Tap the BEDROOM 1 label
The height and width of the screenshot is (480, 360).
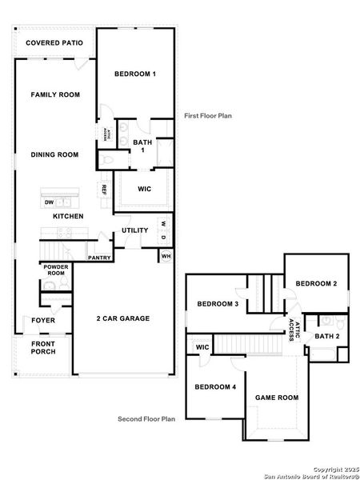click(x=134, y=74)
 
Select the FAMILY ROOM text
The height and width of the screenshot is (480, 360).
click(x=55, y=95)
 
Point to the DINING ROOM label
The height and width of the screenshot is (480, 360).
click(x=54, y=154)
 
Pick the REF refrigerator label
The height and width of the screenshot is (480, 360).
click(x=104, y=190)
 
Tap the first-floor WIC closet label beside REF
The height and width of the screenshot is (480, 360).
click(x=145, y=190)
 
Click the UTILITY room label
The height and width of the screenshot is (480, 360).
click(x=134, y=230)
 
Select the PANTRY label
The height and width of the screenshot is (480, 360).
click(x=99, y=258)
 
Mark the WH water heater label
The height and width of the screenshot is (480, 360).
click(x=166, y=256)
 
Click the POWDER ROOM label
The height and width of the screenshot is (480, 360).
click(x=55, y=270)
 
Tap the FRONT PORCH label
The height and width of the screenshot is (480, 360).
click(x=43, y=348)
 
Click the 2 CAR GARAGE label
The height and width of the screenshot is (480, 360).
click(x=123, y=318)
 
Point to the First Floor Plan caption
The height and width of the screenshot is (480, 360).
click(x=208, y=115)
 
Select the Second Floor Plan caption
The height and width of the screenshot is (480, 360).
click(x=146, y=418)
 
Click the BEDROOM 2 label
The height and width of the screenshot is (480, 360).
click(x=316, y=284)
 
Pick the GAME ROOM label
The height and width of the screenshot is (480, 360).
click(x=277, y=398)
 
